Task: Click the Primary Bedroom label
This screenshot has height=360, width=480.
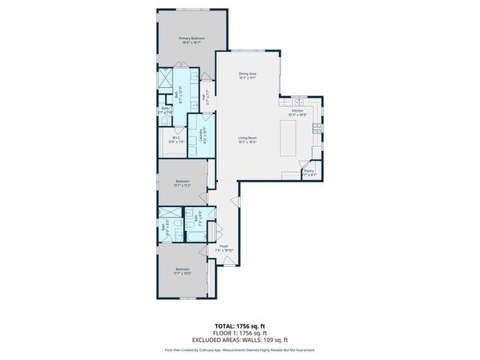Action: tap(191, 40)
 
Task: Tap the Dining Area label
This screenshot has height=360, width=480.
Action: tap(248, 75)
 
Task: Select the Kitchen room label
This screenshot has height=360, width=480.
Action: tap(298, 112)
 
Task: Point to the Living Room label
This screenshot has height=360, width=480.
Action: tap(248, 140)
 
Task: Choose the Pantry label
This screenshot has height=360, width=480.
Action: tap(308, 173)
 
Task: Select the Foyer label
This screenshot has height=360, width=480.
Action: tap(224, 247)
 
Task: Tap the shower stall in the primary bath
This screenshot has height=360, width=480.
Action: tap(165, 80)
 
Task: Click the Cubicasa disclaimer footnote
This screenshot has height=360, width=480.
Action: tap(239, 349)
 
